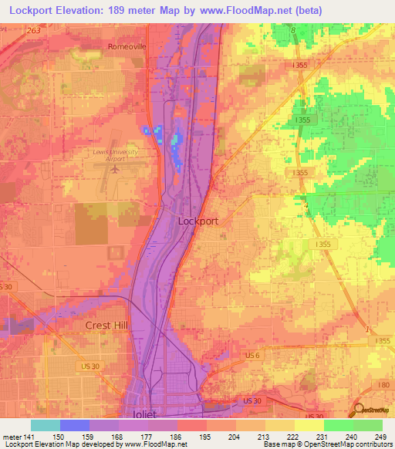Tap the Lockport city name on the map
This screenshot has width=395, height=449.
coord(198,221)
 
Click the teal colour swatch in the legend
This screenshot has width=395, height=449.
coord(46,425)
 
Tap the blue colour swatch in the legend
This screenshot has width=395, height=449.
coord(75,425)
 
